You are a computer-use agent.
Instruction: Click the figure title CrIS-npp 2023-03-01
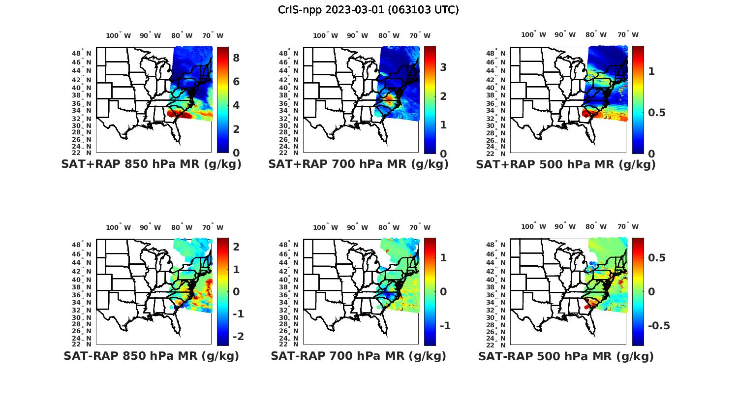pos(369,10)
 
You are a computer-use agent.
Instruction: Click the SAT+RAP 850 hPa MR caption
pos(152,164)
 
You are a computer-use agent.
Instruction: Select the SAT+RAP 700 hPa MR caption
pos(358,164)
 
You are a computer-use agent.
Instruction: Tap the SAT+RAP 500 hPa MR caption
pos(566,164)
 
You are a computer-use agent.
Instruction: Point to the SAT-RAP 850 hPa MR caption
pos(152,356)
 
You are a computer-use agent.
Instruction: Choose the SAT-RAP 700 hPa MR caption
pos(358,356)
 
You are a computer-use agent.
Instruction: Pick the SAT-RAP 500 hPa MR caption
pos(566,356)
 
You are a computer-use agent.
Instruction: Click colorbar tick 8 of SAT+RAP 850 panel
pos(236,58)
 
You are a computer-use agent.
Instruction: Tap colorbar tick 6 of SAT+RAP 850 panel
pos(236,82)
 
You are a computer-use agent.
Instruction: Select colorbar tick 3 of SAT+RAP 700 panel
pos(443,67)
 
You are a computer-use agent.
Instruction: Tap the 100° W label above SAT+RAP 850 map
pos(119,35)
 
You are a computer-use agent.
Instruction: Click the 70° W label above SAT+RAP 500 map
pos(628,34)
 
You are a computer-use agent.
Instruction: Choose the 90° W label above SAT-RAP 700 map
pos(357,227)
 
